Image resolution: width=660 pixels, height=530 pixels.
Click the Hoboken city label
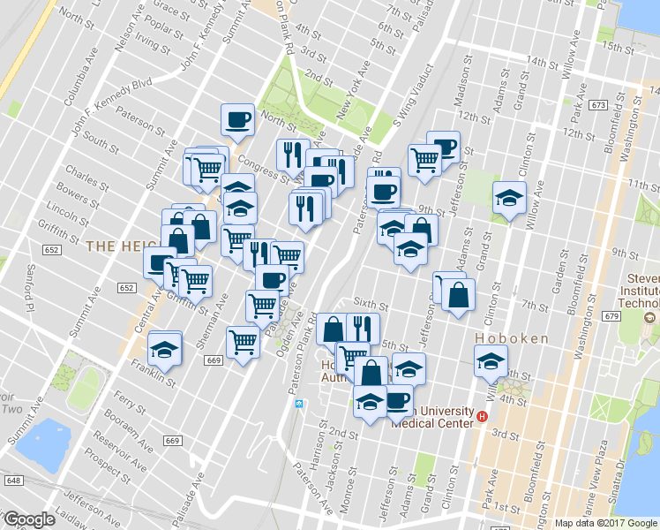[x=512, y=338]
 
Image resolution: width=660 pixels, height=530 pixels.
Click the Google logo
[x=29, y=520]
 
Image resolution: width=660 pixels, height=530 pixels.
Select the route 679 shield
[x=612, y=316]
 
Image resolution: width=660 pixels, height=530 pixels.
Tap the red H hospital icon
[x=482, y=417]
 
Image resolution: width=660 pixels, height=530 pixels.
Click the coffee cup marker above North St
[x=237, y=120]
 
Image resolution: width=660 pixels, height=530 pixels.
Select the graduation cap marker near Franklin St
[x=164, y=349]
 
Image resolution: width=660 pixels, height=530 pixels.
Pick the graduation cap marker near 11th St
[x=509, y=197]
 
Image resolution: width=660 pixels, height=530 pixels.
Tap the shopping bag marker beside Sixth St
[x=458, y=296]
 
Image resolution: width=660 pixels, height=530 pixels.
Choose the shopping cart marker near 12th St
[x=424, y=161]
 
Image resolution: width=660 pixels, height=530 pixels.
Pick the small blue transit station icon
[x=298, y=404]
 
